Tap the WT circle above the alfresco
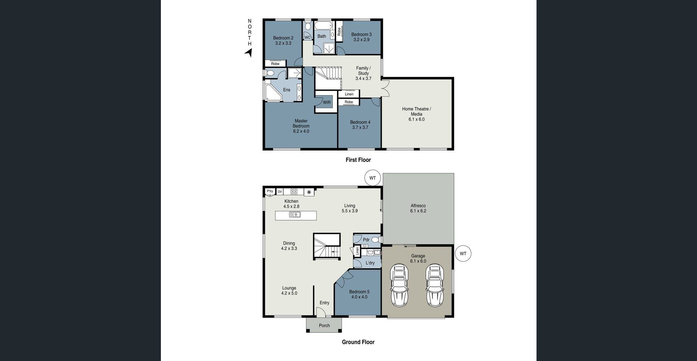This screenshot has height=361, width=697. click(373, 178)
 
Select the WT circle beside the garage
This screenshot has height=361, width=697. click(463, 254)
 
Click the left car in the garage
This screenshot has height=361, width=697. click(399, 285)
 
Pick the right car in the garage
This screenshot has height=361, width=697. click(435, 285)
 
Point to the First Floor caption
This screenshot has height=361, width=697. click(358, 160)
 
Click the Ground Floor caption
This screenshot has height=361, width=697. click(358, 342)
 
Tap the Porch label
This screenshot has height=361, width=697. click(324, 325)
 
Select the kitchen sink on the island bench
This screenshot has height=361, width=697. click(295, 215)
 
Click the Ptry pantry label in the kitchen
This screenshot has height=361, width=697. click(270, 191)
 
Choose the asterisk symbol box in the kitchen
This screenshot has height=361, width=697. click(309, 192)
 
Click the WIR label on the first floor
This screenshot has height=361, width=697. click(327, 102)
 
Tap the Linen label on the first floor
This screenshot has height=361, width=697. click(349, 94)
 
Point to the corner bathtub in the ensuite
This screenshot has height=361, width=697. click(274, 93)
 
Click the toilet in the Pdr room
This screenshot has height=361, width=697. click(375, 240)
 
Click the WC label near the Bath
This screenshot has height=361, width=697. click(308, 37)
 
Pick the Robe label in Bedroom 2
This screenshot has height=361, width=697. click(275, 64)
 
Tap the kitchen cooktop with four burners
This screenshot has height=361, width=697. click(294, 192)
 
